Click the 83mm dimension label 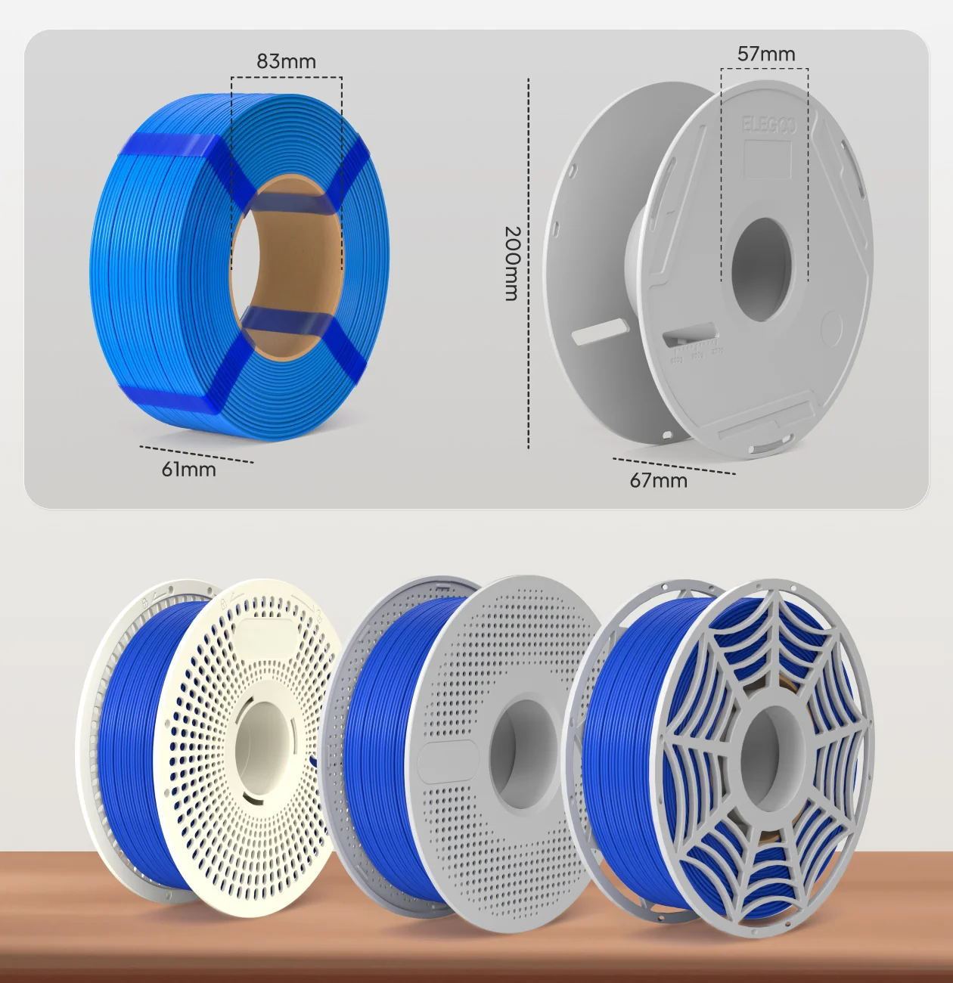point(286,61)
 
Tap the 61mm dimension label point(188,470)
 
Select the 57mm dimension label point(766,54)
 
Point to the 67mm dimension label point(659,480)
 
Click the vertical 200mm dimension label point(512,263)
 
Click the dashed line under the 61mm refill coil point(197,454)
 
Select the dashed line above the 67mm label point(673,466)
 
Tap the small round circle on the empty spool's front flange point(830,330)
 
